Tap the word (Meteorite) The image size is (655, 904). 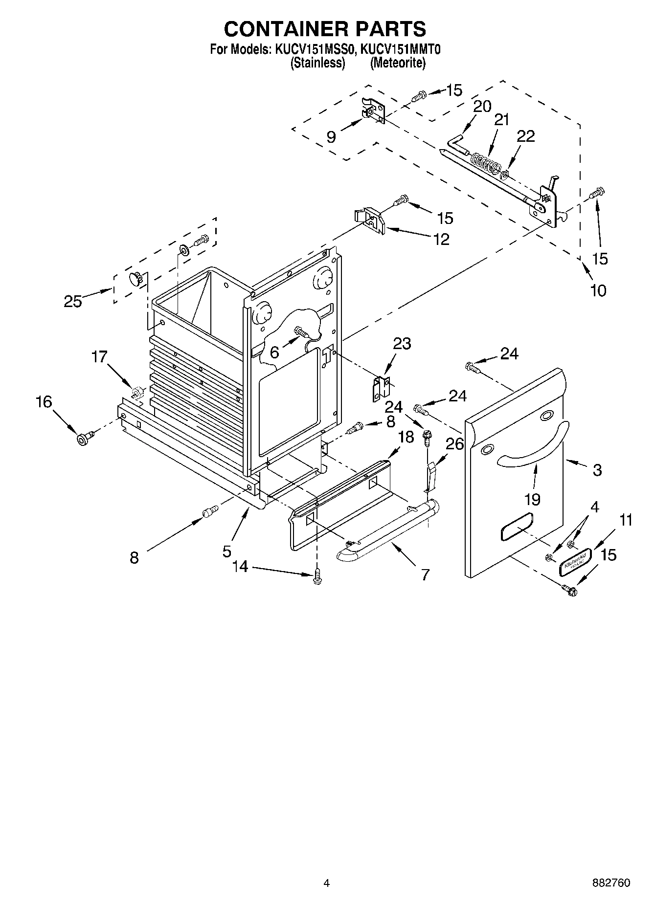[x=398, y=63]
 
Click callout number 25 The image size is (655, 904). [x=73, y=301]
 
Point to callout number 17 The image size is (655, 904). [x=99, y=357]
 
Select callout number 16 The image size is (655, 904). [x=44, y=402]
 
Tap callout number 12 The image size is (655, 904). [x=441, y=239]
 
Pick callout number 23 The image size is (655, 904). [x=402, y=343]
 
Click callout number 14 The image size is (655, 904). [x=240, y=566]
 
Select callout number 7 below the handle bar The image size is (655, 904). [x=425, y=574]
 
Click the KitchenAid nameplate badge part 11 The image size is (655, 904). [x=576, y=561]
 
